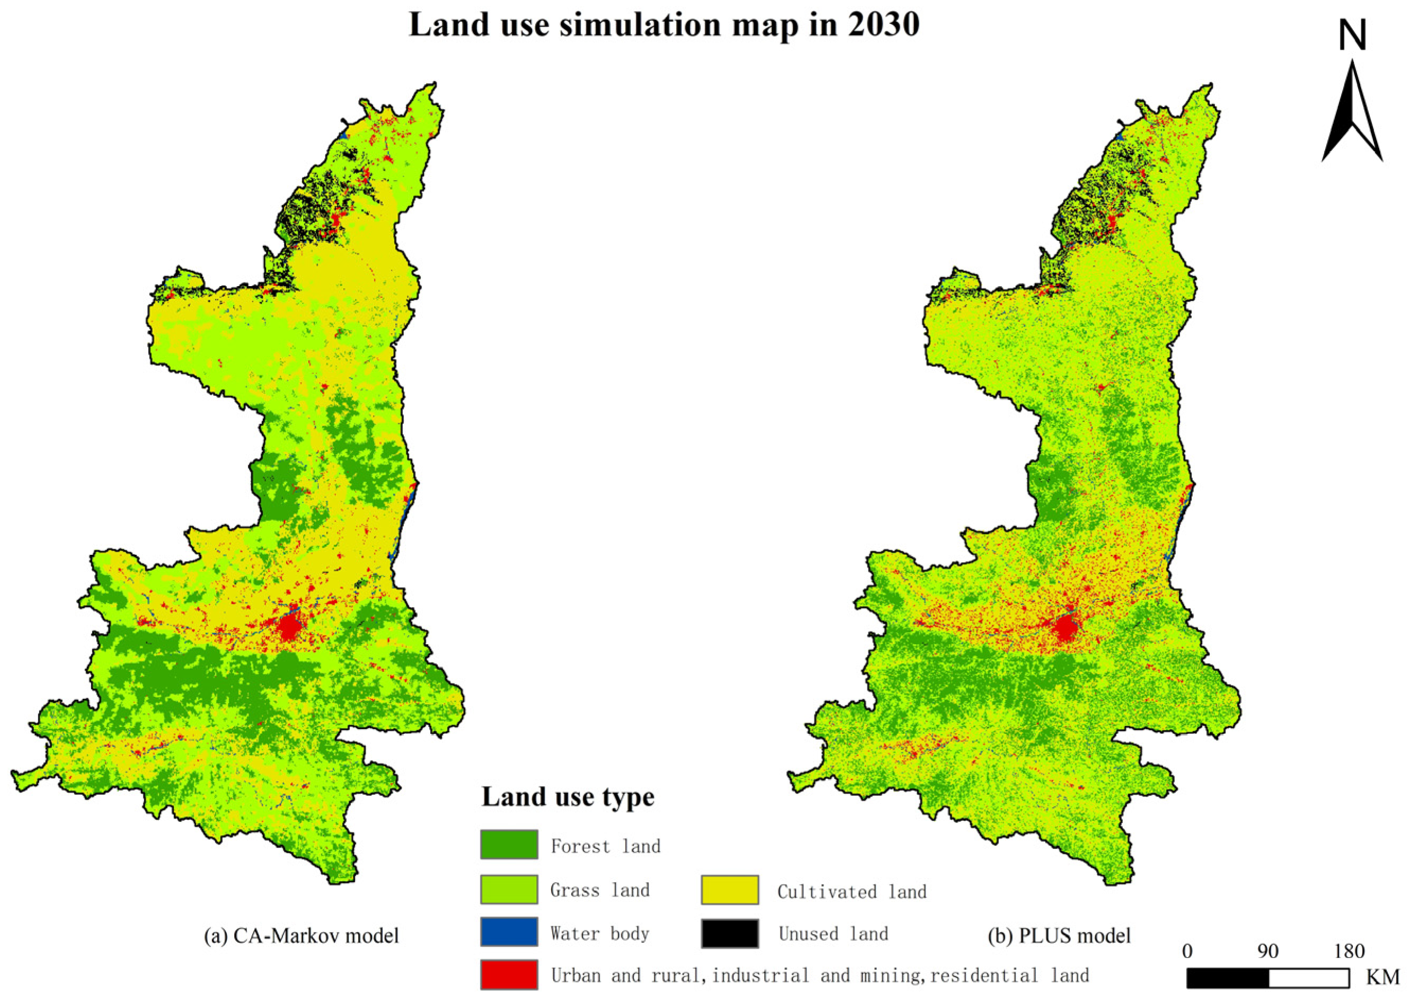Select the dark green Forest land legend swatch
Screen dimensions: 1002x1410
pos(509,845)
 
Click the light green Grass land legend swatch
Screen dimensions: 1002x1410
pos(509,889)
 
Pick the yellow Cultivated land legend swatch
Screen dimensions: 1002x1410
pos(729,890)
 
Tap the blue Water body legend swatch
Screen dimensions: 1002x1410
pos(509,932)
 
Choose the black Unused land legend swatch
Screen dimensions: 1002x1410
pos(729,933)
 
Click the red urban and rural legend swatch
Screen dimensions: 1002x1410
pos(509,974)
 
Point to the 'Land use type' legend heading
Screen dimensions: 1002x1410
pos(567,796)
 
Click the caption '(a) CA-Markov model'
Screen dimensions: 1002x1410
pos(301,935)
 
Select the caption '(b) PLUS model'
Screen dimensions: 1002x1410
pos(1059,935)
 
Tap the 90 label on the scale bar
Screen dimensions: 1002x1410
pos(1268,952)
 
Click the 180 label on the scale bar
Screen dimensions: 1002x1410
pos(1349,952)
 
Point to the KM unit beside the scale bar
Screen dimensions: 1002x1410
pos(1383,977)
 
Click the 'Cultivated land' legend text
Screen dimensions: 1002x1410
pos(852,892)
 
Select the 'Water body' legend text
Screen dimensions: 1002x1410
pos(600,934)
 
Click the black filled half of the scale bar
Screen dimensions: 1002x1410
pos(1227,978)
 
